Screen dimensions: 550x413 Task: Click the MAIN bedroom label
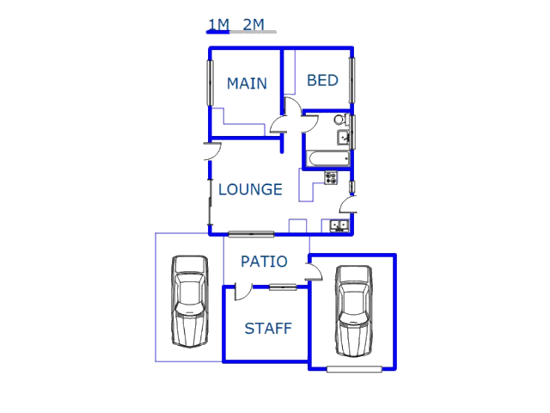[247, 83]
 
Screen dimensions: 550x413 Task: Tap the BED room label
[323, 80]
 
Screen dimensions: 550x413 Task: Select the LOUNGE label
[250, 189]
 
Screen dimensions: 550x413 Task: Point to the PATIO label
[264, 262]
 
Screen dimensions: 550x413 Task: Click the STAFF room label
[268, 329]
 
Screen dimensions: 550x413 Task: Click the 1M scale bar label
[219, 25]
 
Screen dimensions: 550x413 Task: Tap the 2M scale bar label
[254, 25]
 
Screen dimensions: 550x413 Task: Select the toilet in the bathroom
[340, 120]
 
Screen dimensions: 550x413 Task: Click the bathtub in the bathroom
[328, 159]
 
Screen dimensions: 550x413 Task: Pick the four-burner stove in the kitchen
[331, 178]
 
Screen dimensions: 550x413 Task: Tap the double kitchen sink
[339, 225]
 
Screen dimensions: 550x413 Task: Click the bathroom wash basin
[343, 138]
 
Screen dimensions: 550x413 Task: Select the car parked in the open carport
[189, 302]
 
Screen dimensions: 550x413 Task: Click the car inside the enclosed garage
[354, 311]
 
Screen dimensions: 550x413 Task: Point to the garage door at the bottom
[354, 369]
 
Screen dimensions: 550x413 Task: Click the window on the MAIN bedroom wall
[210, 83]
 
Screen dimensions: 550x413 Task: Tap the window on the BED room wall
[351, 80]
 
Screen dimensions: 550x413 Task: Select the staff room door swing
[242, 292]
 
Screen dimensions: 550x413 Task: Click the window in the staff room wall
[283, 287]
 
